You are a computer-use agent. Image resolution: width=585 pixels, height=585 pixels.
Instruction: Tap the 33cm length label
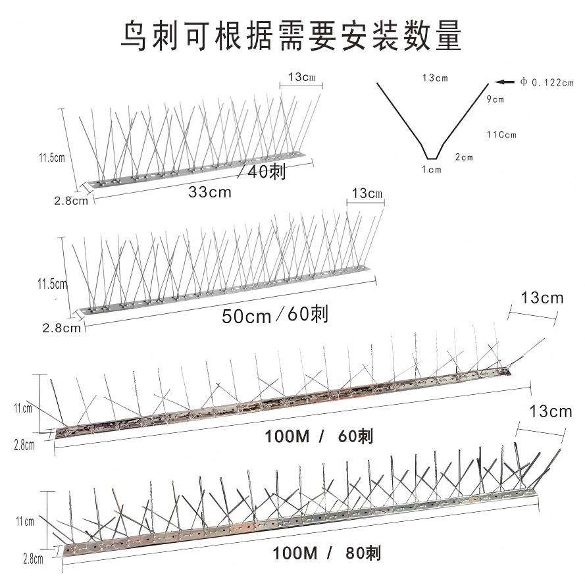coord(209,193)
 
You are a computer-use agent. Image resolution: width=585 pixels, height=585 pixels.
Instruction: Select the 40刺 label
coord(267,172)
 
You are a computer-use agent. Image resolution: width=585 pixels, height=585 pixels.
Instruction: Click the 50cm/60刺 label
coord(274,315)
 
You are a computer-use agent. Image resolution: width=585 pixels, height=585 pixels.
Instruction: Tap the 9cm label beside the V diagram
coord(495,100)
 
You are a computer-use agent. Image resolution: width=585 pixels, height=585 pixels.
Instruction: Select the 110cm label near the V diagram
coord(501,135)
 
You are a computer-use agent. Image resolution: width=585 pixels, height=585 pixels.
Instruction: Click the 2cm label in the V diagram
coord(464,157)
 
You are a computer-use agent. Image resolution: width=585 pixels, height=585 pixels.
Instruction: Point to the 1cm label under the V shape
coord(432,169)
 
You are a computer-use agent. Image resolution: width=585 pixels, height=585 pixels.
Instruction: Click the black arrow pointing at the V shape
coord(505,82)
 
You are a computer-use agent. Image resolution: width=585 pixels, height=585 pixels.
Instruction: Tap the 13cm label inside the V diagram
coord(435,78)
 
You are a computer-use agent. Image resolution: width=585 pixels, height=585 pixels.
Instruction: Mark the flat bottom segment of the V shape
coord(432,159)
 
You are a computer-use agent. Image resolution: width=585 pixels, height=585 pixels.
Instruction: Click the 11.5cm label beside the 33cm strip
coord(51,157)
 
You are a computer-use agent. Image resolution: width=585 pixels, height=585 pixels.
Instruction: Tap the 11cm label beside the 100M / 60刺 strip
coord(23,408)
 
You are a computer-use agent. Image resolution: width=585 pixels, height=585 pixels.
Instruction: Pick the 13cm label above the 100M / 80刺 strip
coord(550,413)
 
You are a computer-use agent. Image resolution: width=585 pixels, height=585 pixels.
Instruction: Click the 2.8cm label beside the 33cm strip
coord(70,201)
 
